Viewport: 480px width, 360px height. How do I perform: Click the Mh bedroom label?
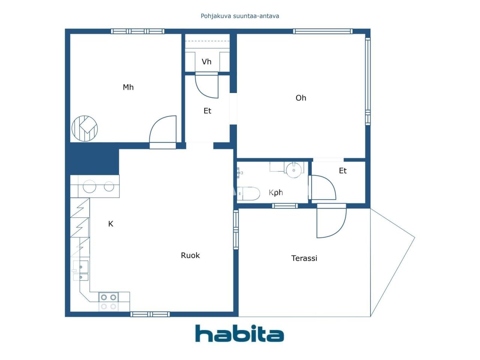128,87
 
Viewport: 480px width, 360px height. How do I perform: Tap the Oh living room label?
301,98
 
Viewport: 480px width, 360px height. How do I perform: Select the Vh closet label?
207,62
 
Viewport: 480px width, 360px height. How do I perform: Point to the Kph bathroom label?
276,193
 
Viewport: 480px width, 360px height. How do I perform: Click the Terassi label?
304,258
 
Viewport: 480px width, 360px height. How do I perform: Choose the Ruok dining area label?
190,255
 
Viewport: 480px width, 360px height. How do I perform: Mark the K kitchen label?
111,224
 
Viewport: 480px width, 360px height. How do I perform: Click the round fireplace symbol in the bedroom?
85,129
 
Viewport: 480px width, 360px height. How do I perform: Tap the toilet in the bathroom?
249,193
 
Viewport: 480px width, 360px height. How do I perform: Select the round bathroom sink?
294,170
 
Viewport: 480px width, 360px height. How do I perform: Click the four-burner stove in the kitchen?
108,302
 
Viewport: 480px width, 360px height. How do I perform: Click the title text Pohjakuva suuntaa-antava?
240,16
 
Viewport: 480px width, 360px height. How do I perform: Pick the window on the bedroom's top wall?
137,31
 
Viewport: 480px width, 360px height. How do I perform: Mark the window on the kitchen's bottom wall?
150,314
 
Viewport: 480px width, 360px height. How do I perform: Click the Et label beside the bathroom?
343,171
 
